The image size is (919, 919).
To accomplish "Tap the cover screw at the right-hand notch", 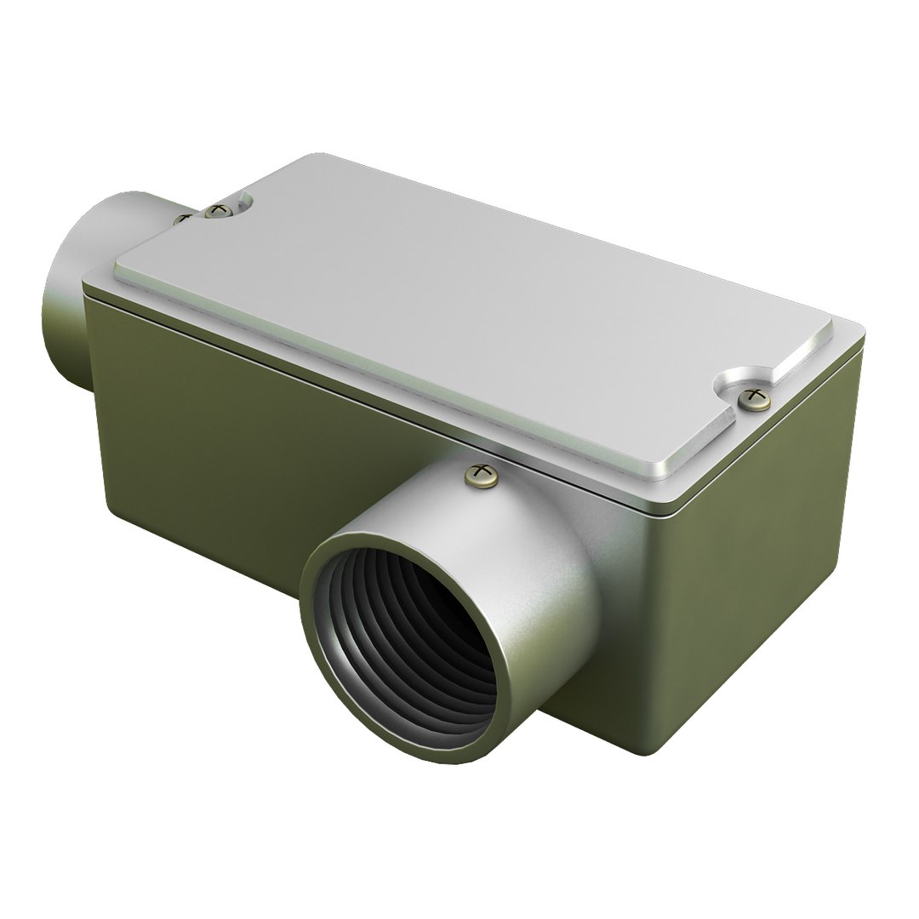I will [x=753, y=398].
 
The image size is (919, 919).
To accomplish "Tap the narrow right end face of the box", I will [x=766, y=545].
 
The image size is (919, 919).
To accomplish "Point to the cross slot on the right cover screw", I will [x=753, y=396].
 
